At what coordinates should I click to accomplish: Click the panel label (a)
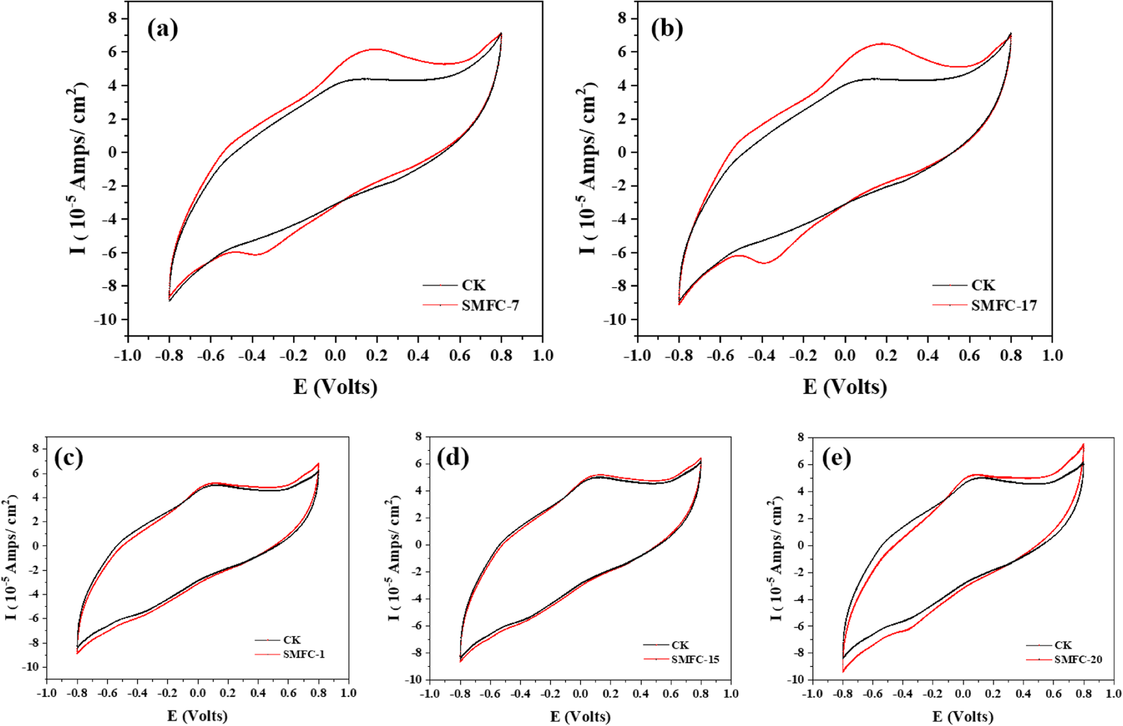click(x=163, y=29)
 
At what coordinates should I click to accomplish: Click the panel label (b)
click(x=667, y=29)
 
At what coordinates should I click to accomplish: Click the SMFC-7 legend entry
click(x=490, y=306)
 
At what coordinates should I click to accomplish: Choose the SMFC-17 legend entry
click(x=1004, y=306)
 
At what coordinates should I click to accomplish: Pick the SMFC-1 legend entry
click(x=304, y=654)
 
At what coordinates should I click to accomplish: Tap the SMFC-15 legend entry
click(x=695, y=660)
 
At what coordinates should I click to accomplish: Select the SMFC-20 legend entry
click(x=1077, y=660)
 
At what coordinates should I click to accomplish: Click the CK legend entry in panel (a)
click(x=473, y=285)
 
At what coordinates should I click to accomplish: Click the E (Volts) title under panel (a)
click(x=335, y=386)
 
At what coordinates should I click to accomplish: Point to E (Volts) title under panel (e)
click(x=963, y=717)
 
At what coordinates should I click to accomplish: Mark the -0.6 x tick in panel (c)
click(x=107, y=693)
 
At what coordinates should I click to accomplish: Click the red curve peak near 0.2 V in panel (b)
click(x=883, y=43)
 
